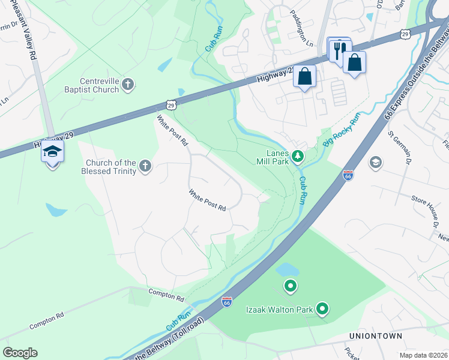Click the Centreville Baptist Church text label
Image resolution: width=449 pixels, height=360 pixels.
(99, 86)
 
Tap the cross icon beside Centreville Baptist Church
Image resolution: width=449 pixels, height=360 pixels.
(127, 85)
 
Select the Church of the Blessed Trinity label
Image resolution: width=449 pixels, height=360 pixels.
(111, 167)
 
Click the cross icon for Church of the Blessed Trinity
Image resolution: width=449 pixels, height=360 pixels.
(145, 166)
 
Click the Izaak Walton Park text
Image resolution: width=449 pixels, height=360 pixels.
(280, 310)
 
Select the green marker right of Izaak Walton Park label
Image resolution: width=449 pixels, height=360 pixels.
(322, 309)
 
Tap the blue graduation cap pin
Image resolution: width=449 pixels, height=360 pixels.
(52, 153)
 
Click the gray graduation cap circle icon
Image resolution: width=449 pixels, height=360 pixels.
(376, 163)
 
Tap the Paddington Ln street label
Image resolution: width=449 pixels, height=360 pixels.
(301, 36)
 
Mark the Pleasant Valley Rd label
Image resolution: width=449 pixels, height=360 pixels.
(29, 29)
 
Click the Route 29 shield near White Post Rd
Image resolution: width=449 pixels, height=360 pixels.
(172, 105)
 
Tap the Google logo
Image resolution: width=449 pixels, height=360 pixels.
(20, 353)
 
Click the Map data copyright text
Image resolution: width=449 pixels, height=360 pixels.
(424, 355)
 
